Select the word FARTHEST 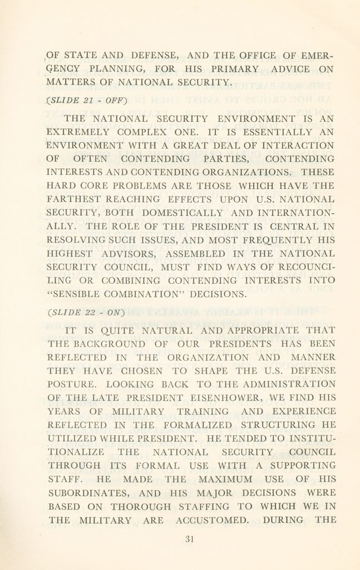click(x=74, y=199)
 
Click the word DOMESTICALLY click(x=183, y=213)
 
